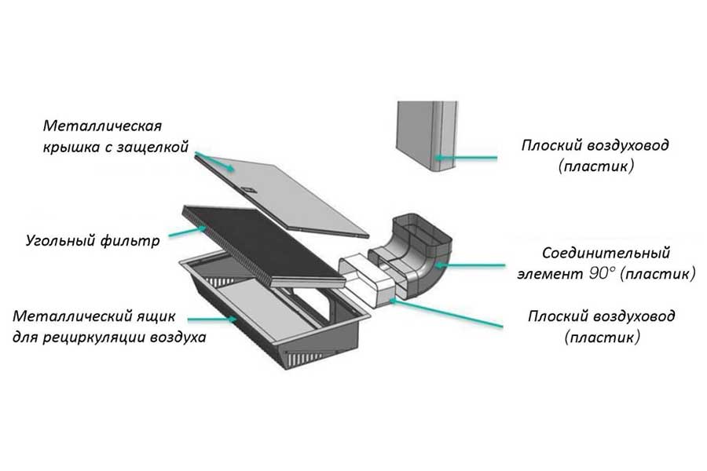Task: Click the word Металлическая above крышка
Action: (x=102, y=126)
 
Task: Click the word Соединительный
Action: (x=606, y=254)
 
